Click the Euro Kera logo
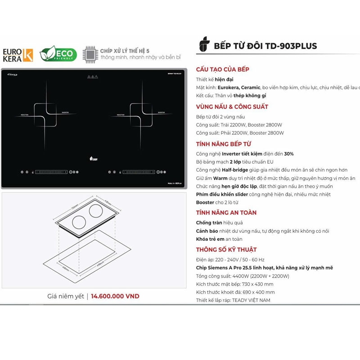click(18, 54)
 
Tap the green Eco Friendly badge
click(58, 54)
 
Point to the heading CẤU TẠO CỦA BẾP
click(223, 69)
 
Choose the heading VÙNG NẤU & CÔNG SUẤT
click(232, 107)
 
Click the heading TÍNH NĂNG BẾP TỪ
click(223, 144)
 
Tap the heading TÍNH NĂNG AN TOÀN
click(226, 212)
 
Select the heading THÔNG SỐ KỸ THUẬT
click(226, 249)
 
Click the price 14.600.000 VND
click(115, 296)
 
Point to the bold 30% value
click(288, 153)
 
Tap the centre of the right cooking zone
click(142, 114)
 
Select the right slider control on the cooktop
click(139, 172)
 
